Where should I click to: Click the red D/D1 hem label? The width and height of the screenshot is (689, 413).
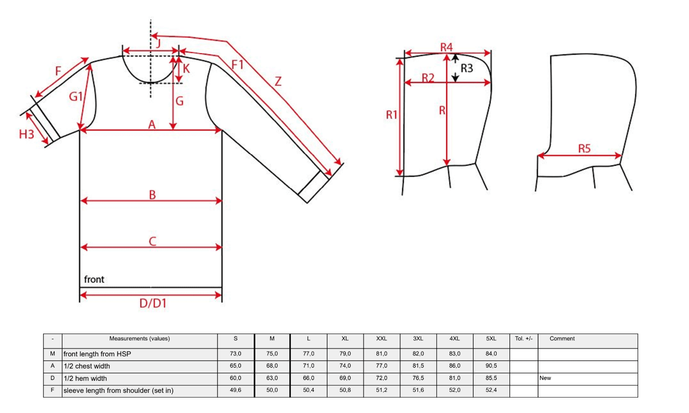pos(153,304)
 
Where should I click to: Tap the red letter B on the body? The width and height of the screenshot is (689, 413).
pos(152,195)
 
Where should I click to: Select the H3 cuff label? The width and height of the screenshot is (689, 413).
pos(26,135)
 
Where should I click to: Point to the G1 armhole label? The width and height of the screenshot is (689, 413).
pos(76,97)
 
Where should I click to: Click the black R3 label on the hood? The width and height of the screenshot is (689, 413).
pos(467,68)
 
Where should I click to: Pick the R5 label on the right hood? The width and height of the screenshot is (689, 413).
pos(584,149)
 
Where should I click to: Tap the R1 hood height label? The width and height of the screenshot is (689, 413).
pos(391,115)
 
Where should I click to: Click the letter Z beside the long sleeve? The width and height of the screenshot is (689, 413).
pos(278,81)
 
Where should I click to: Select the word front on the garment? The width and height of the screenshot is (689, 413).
pos(94,279)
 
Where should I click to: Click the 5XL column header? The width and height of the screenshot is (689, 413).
pos(491,339)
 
